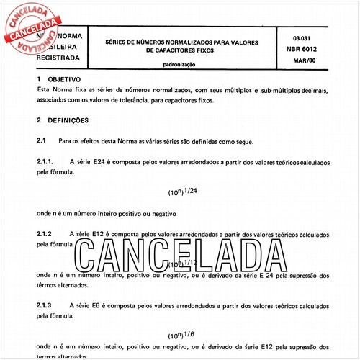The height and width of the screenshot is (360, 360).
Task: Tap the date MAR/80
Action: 304,60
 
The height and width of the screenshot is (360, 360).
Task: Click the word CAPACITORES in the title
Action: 176,51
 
